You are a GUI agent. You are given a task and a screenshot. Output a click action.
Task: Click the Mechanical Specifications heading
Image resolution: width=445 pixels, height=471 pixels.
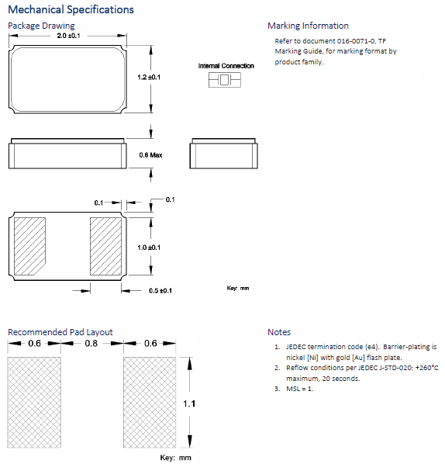click(71, 9)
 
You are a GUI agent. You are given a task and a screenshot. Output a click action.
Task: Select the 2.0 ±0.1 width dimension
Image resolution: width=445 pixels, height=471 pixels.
click(68, 36)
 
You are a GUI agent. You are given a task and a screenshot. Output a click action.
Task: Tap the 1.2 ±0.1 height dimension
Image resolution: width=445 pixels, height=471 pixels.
click(149, 77)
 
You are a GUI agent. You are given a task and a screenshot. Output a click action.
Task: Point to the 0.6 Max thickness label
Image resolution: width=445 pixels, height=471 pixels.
click(150, 155)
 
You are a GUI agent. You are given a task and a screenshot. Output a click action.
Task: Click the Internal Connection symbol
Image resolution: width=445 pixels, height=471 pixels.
click(225, 80)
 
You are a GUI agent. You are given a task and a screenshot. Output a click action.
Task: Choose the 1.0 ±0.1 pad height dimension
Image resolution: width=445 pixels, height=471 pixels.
click(149, 248)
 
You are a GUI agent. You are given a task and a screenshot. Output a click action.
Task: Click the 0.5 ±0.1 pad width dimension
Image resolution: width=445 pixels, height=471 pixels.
click(160, 290)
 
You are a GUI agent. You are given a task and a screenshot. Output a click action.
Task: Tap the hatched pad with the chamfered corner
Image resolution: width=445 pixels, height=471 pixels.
click(29, 246)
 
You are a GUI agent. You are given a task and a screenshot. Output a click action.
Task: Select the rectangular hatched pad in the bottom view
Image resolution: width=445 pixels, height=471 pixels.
click(105, 246)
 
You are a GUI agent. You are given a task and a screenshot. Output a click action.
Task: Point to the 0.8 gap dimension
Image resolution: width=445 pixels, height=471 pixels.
click(91, 343)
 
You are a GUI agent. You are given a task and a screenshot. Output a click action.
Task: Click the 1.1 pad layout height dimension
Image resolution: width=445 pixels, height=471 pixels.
click(189, 403)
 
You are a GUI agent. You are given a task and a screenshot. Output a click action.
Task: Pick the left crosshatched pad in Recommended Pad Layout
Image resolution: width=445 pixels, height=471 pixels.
click(34, 402)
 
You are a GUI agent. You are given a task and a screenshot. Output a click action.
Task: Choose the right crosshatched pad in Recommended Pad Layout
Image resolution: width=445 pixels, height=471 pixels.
click(150, 402)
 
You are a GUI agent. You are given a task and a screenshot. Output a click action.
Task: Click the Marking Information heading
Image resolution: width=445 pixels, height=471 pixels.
click(309, 26)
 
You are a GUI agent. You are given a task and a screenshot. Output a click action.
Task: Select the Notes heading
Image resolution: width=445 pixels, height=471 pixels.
click(279, 332)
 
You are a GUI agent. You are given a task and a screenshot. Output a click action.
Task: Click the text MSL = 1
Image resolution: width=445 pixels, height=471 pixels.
click(300, 389)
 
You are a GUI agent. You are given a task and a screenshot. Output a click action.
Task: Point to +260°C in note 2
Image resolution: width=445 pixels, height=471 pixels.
click(427, 368)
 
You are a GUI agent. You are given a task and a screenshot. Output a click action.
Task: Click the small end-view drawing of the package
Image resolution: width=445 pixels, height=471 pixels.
click(223, 154)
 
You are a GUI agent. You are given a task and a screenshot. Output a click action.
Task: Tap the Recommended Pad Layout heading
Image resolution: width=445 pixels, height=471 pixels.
click(60, 332)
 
